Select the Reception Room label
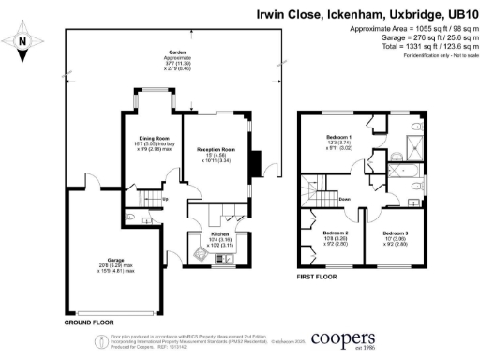tap(215, 149)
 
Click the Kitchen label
tap(220, 233)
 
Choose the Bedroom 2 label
tap(335, 232)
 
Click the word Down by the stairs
tap(345, 199)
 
